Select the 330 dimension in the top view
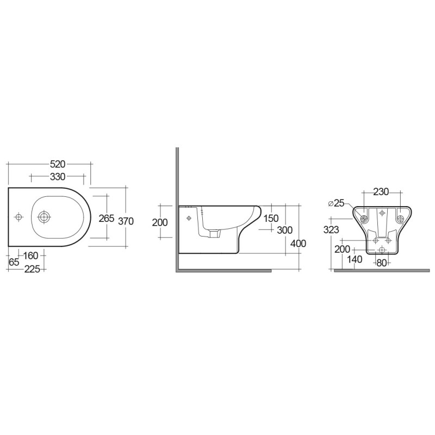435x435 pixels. (58, 177)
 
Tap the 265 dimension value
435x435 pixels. (106, 218)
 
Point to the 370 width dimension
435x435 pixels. (126, 221)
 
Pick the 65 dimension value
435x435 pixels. (14, 262)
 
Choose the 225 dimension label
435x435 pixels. (34, 269)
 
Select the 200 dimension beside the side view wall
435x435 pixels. (160, 222)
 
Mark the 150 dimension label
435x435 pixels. (270, 218)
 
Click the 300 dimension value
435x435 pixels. (284, 230)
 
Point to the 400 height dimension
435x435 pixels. (298, 243)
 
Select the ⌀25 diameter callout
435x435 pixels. (337, 203)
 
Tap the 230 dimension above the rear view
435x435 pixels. (381, 191)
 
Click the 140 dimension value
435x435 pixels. (354, 259)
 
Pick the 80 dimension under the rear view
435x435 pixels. (382, 263)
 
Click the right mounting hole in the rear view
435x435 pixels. (400, 219)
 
